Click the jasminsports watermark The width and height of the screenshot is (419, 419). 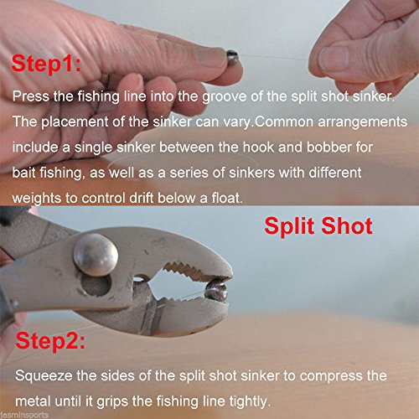click(x=23, y=414)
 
